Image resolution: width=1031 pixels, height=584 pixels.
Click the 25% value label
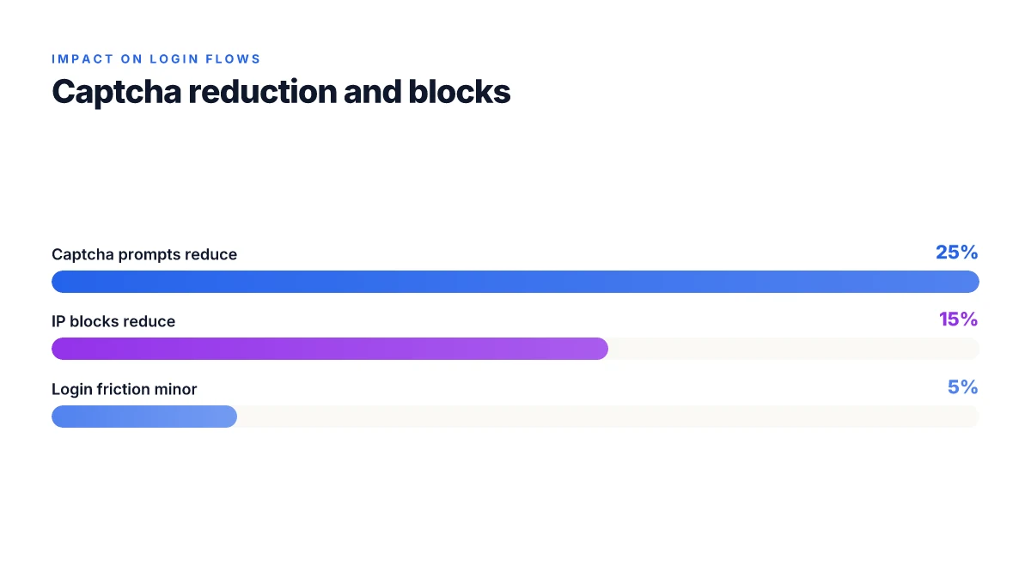(x=956, y=252)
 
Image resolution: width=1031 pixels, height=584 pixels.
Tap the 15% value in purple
(x=958, y=319)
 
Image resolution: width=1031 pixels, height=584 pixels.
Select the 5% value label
(x=962, y=387)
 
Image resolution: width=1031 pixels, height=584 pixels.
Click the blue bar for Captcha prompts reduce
(x=515, y=282)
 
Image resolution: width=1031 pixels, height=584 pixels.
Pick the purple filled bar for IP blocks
(x=330, y=349)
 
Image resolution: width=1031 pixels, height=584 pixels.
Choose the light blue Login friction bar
(x=144, y=417)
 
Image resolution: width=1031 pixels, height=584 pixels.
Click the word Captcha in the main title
(x=117, y=93)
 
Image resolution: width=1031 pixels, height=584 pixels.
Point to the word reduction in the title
(x=263, y=92)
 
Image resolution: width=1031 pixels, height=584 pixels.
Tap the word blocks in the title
(x=460, y=92)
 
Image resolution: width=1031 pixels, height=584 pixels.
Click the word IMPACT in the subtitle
(x=82, y=59)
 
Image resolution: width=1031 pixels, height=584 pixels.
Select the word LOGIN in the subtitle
(x=174, y=59)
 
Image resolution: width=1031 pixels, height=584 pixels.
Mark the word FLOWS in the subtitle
(x=233, y=59)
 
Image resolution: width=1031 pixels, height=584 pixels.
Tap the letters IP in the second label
(x=58, y=321)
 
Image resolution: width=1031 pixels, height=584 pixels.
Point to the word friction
(x=124, y=389)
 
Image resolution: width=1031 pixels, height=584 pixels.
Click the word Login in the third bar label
(x=72, y=390)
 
